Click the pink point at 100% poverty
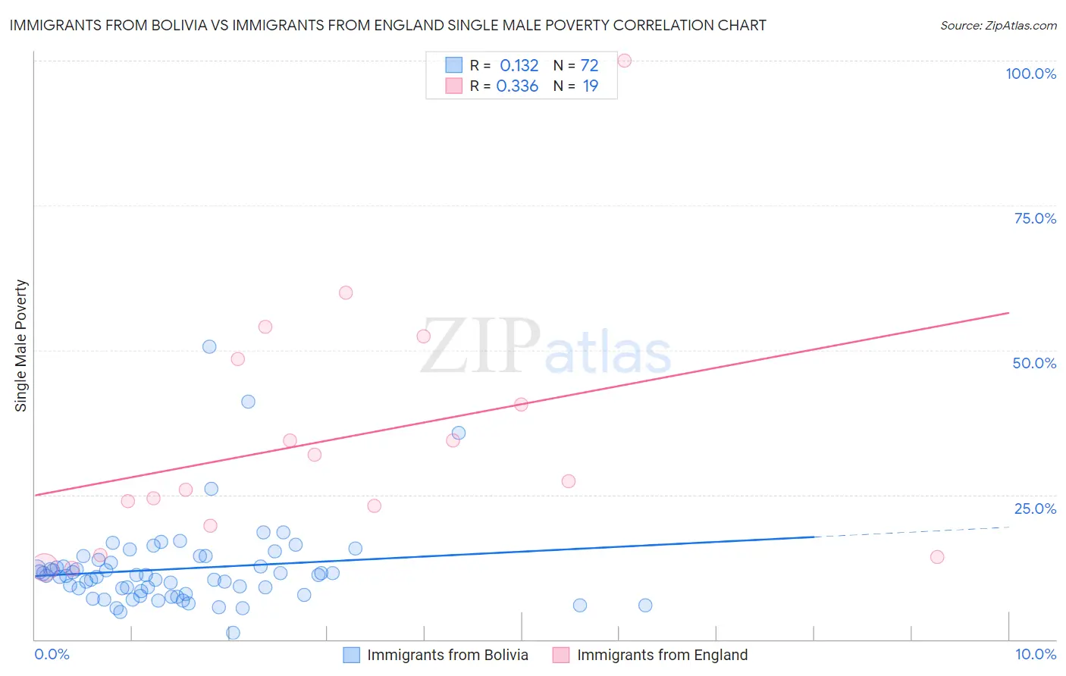pos(625,61)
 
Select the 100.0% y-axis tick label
pos(1030,74)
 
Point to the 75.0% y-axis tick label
pos(1035,218)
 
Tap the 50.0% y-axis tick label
pos(1034,363)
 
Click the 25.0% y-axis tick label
pos(1035,509)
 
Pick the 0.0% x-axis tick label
pos(52,654)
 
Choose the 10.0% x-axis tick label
pos(1035,654)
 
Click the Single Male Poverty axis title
pos(21,346)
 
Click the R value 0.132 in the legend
pos(519,66)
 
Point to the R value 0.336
pos(517,86)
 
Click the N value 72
pos(589,66)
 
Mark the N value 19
pos(590,86)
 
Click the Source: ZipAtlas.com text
pos(998,26)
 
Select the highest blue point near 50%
pos(209,346)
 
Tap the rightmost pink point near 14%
pos(937,557)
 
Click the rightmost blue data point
pos(645,605)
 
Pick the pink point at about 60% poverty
pos(346,293)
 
